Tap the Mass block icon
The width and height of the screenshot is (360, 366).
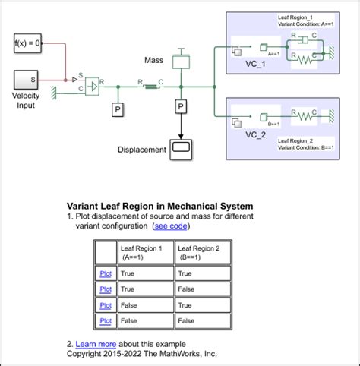tap(180, 59)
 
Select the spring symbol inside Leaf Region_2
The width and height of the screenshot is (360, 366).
tap(303, 116)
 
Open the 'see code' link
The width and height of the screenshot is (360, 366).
tap(172, 226)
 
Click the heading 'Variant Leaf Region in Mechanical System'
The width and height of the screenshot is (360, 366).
tap(160, 206)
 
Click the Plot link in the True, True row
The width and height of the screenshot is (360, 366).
tap(106, 273)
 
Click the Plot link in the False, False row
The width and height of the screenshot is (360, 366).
tap(106, 320)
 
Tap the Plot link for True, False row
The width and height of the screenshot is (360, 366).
tap(106, 289)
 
